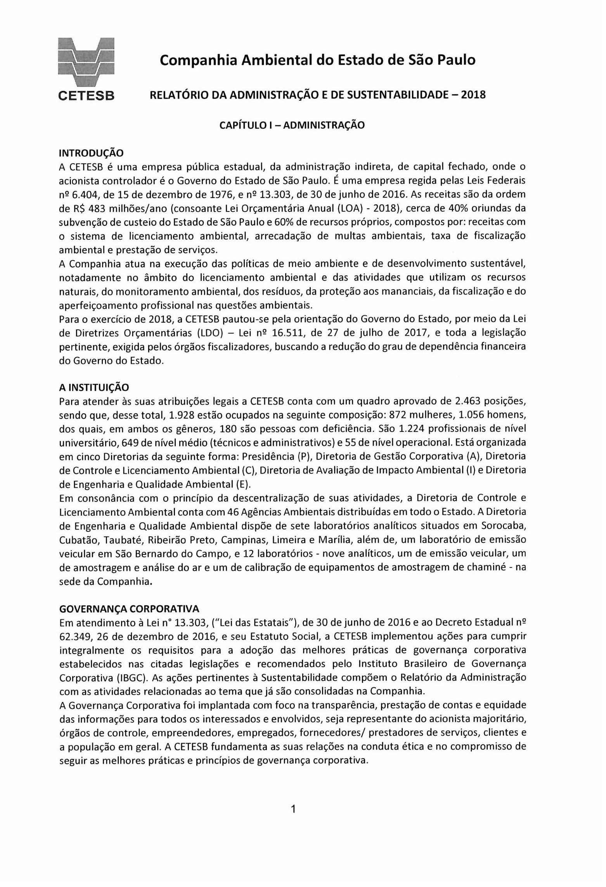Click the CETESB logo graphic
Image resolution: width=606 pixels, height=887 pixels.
tap(86, 62)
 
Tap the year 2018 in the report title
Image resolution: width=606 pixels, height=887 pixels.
tap(473, 95)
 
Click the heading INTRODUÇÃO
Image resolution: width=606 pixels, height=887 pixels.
tap(91, 153)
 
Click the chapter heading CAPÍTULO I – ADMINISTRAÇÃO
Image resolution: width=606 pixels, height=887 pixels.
tap(292, 125)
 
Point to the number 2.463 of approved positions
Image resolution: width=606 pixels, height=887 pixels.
tap(477, 400)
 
